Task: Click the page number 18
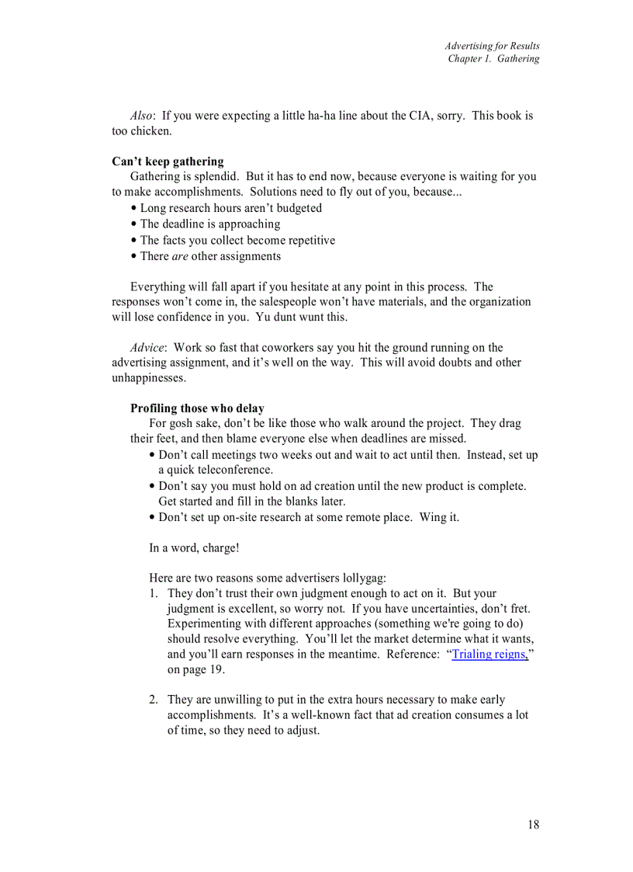click(533, 825)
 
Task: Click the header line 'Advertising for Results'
click(492, 46)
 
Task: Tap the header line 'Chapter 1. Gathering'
click(493, 59)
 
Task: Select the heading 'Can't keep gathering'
click(168, 162)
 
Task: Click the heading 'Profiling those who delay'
click(197, 408)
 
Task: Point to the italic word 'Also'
click(141, 116)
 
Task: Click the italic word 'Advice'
click(147, 347)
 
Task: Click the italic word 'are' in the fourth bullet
click(180, 256)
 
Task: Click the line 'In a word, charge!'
click(194, 548)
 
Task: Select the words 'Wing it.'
click(439, 517)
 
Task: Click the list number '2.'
click(154, 700)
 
